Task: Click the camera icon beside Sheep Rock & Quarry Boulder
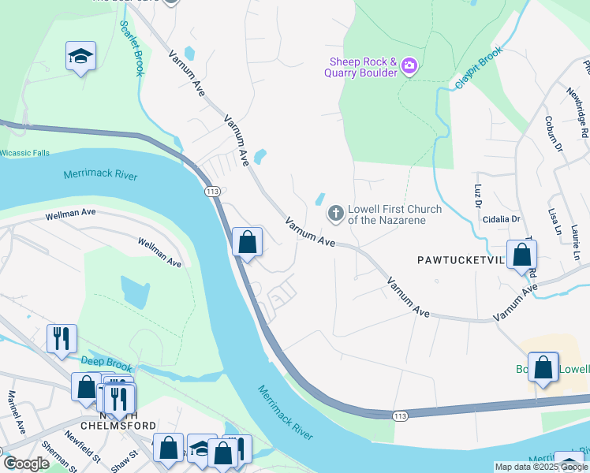pos(409,65)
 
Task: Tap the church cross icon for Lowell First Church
pos(335,214)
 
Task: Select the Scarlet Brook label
pos(131,48)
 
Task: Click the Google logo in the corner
pos(26,464)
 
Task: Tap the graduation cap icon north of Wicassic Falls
pos(80,57)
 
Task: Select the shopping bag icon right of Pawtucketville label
pos(521,255)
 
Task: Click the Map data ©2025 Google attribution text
pos(540,467)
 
